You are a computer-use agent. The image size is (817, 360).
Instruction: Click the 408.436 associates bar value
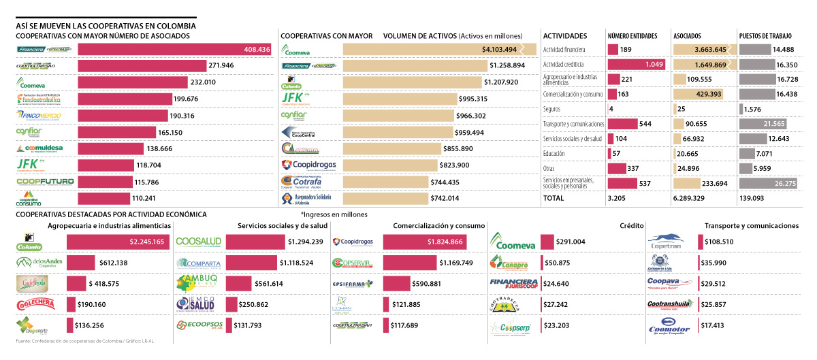point(257,50)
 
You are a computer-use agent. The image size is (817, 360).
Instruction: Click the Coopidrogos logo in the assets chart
point(308,165)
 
